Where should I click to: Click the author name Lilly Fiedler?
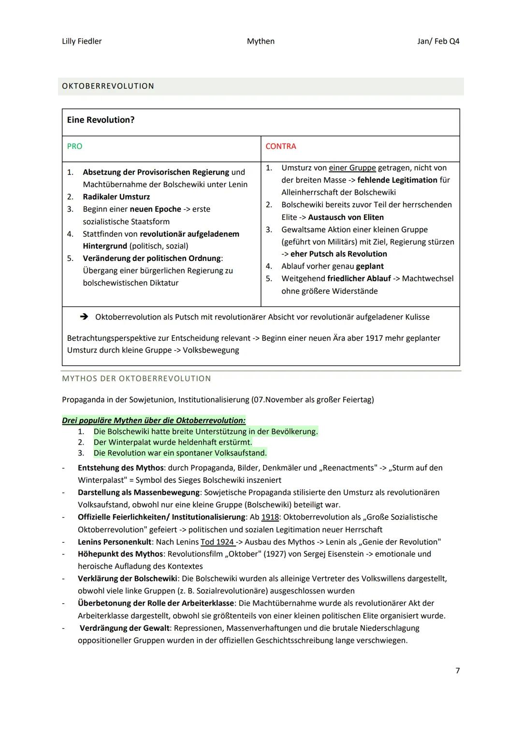coord(82,41)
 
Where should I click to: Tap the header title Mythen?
coord(261,41)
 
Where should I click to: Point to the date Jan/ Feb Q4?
coord(438,41)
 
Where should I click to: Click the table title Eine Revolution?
coord(101,120)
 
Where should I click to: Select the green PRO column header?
coord(74,146)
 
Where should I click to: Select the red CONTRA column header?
coord(280,146)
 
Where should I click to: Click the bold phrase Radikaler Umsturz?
coord(116,197)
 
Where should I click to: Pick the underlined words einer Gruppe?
coord(352,168)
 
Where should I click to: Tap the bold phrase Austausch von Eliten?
coord(346,217)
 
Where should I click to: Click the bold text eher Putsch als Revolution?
coord(338,254)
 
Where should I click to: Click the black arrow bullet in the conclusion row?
coord(84,317)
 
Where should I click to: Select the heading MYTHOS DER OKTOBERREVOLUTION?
coord(136,378)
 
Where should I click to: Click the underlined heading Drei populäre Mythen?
coord(153,420)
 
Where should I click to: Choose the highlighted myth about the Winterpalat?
coord(173,442)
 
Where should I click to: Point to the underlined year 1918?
coord(270,517)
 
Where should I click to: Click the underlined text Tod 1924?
coord(217,542)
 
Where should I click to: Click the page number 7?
coord(457,670)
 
